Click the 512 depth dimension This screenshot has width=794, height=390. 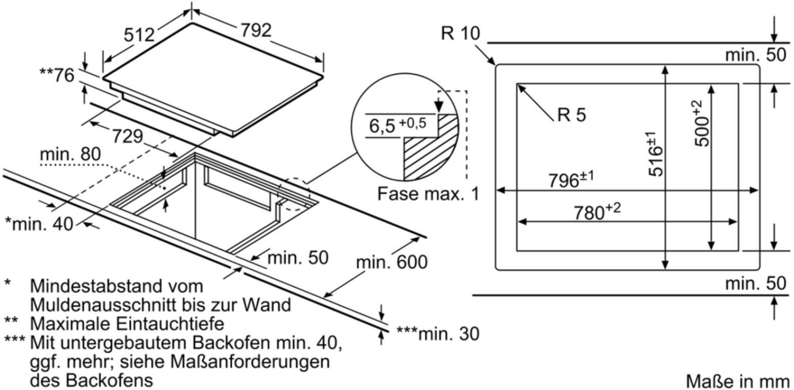pyautogui.click(x=139, y=35)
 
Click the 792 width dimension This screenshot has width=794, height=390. pyautogui.click(x=256, y=30)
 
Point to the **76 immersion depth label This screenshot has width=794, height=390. pyautogui.click(x=57, y=75)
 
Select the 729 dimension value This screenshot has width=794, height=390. pyautogui.click(x=128, y=136)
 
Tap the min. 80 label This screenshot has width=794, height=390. pyautogui.click(x=70, y=154)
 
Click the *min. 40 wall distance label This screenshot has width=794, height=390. pyautogui.click(x=39, y=224)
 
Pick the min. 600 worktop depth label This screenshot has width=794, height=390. pyautogui.click(x=392, y=262)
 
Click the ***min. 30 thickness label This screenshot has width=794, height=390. pyautogui.click(x=438, y=334)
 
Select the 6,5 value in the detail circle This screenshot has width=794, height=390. pyautogui.click(x=382, y=126)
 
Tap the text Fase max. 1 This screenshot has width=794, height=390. pyautogui.click(x=428, y=194)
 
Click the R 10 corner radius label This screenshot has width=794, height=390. pyautogui.click(x=460, y=33)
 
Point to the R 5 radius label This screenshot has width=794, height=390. pyautogui.click(x=572, y=114)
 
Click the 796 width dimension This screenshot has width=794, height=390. pyautogui.click(x=571, y=179)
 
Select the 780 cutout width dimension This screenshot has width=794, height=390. pyautogui.click(x=597, y=211)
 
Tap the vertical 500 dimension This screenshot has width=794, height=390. pyautogui.click(x=702, y=123)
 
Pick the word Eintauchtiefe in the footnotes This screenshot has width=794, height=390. pyautogui.click(x=170, y=324)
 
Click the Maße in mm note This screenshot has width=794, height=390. pyautogui.click(x=738, y=382)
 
